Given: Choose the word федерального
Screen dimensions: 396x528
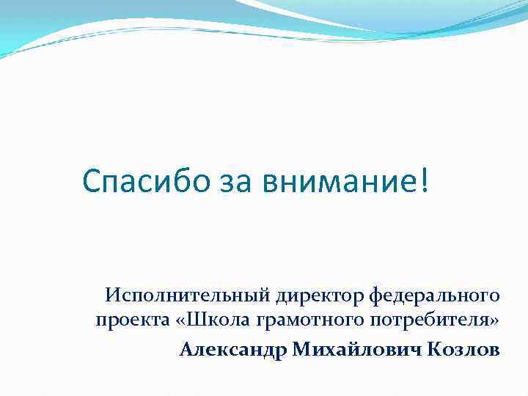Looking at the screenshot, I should click(435, 296).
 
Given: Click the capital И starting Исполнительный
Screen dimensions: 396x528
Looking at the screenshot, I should click(113, 296).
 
